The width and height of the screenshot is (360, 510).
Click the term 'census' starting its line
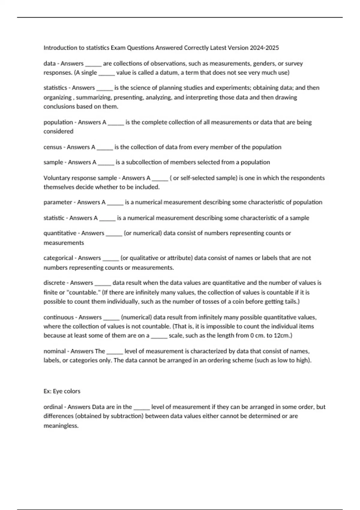[x=52, y=147]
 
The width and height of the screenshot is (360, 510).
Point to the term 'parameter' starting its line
[x=58, y=202]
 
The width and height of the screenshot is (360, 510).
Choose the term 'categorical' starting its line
[x=58, y=258]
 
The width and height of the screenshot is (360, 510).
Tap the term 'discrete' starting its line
[x=54, y=283]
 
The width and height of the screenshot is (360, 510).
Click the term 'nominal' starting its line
[x=55, y=351]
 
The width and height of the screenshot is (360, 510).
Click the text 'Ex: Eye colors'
[x=62, y=391]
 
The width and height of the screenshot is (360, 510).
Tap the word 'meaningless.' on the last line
[x=61, y=426]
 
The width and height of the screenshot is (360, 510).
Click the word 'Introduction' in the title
[x=60, y=48]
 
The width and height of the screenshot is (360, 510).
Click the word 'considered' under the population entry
[x=58, y=131]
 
